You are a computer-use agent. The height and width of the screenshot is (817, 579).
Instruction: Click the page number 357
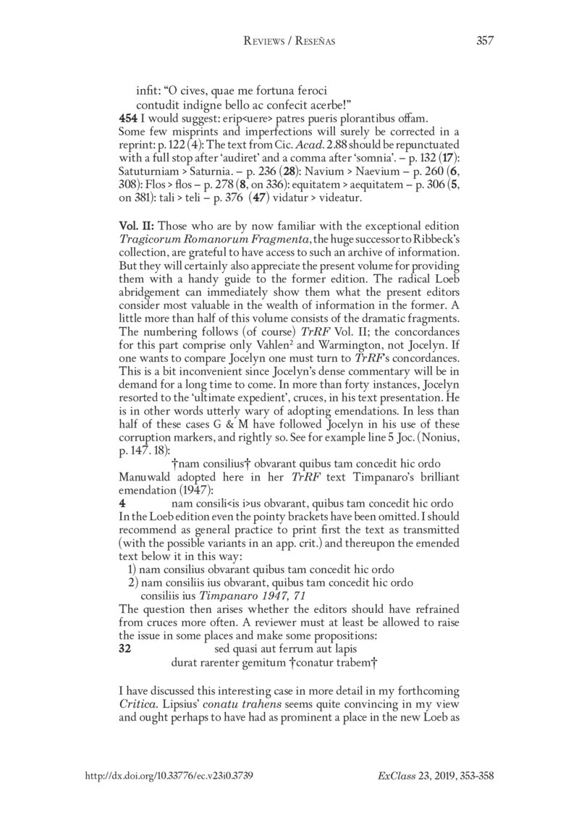click(484, 41)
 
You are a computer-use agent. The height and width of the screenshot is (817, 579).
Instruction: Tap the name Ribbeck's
click(447, 237)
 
